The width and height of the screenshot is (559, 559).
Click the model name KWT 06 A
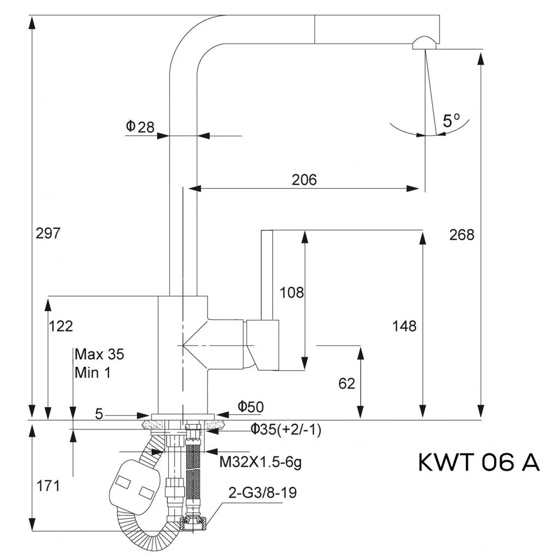[479, 462]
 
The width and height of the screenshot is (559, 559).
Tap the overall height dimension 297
[47, 233]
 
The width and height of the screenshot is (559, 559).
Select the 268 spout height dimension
[462, 235]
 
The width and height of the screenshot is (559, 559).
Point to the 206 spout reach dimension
[304, 179]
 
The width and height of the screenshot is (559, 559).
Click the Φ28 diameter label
[140, 127]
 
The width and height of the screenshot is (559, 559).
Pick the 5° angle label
[451, 121]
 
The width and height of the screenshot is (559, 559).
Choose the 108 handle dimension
[292, 292]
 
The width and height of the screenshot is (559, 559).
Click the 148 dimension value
[404, 326]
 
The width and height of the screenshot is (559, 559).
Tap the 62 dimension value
[347, 383]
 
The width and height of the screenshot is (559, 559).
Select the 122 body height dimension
[61, 326]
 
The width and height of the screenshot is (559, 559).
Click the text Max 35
[99, 354]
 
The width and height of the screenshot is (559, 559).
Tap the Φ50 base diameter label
[251, 406]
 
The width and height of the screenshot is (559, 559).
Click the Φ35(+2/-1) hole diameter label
[286, 430]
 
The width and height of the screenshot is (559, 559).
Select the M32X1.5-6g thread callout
[260, 462]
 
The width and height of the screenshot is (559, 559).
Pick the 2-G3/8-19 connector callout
[262, 493]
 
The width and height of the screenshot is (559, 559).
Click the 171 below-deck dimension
[48, 485]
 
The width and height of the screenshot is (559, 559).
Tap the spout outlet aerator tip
[424, 43]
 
